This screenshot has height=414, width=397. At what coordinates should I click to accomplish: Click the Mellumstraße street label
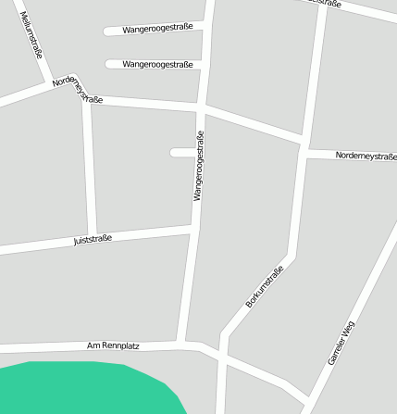click(x=31, y=34)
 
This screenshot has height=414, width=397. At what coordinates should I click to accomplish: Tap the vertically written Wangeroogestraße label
click(x=198, y=167)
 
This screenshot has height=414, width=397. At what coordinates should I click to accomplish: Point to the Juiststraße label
click(x=93, y=240)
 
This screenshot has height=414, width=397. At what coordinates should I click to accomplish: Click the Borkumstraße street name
click(x=265, y=286)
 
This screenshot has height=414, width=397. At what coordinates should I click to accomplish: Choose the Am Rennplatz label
click(x=113, y=345)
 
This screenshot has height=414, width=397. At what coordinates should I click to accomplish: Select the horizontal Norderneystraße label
click(x=366, y=156)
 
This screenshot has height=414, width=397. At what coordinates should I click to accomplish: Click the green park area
click(x=83, y=389)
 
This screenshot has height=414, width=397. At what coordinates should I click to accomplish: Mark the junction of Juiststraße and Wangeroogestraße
click(x=192, y=226)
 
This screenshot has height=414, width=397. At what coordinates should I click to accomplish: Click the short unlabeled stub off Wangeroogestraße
click(x=181, y=152)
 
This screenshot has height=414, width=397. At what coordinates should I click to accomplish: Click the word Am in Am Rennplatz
click(x=93, y=345)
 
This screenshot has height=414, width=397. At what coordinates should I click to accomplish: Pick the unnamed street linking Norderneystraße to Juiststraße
click(x=89, y=167)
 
